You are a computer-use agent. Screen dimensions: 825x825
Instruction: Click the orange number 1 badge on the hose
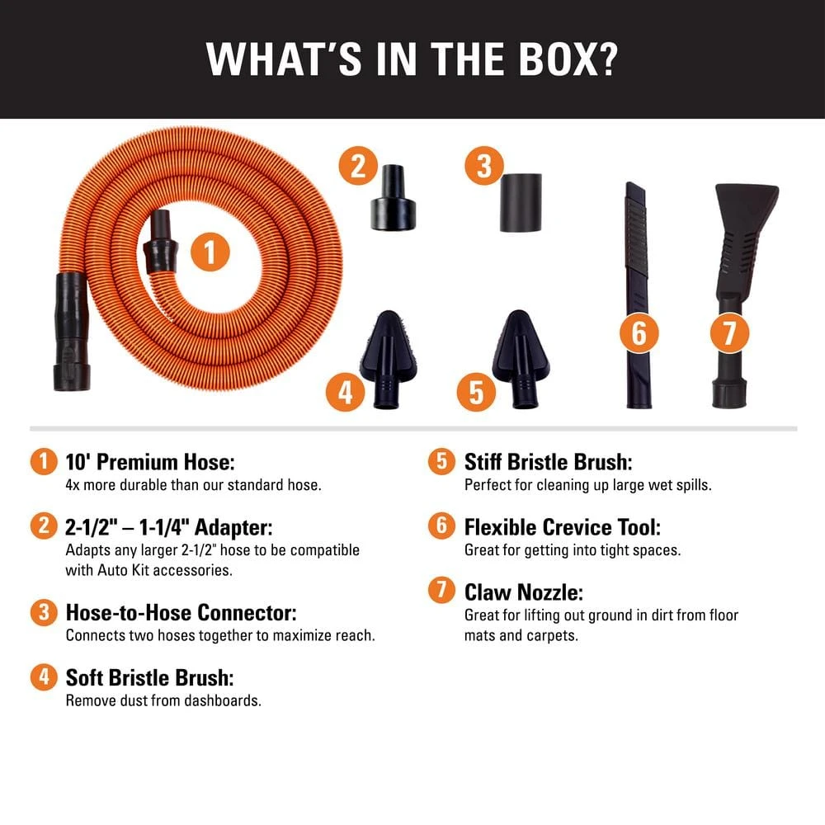pyautogui.click(x=210, y=252)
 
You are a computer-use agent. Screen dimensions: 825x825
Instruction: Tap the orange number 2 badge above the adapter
pyautogui.click(x=357, y=167)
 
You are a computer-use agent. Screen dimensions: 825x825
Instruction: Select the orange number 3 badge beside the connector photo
pyautogui.click(x=483, y=167)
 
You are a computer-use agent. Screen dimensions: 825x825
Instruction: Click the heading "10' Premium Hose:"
pyautogui.click(x=156, y=461)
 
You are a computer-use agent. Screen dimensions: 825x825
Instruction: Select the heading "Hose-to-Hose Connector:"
pyautogui.click(x=181, y=613)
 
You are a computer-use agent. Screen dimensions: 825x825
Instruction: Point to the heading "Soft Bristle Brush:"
pyautogui.click(x=149, y=678)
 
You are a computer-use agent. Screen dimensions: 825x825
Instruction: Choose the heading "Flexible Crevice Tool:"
pyautogui.click(x=562, y=526)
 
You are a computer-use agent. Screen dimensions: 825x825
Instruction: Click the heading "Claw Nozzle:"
pyautogui.click(x=522, y=592)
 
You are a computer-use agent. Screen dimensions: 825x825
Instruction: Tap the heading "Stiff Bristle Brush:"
pyautogui.click(x=548, y=461)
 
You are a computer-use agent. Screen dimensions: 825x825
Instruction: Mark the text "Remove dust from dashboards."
pyautogui.click(x=163, y=700)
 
